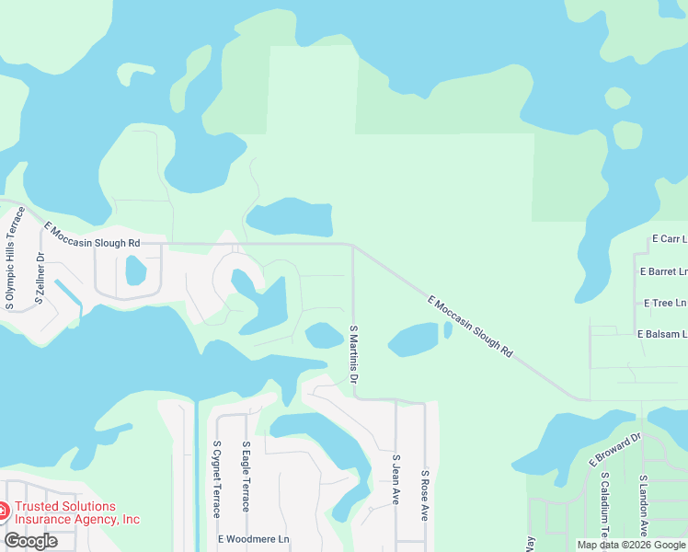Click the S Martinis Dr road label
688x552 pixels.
(353, 354)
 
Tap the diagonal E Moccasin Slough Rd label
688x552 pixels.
(469, 326)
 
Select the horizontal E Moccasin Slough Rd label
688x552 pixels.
(91, 234)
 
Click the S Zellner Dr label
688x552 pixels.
(40, 277)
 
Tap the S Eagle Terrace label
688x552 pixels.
(246, 477)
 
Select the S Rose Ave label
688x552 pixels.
(425, 496)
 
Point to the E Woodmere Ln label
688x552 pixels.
(253, 538)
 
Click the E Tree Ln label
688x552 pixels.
(665, 303)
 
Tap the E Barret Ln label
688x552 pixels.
(663, 272)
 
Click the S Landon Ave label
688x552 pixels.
(644, 506)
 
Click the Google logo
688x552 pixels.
(30, 541)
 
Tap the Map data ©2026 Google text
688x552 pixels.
(631, 545)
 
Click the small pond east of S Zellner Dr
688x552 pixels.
(135, 270)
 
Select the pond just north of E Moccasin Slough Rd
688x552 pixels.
(290, 218)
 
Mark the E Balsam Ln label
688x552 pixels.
(660, 334)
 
